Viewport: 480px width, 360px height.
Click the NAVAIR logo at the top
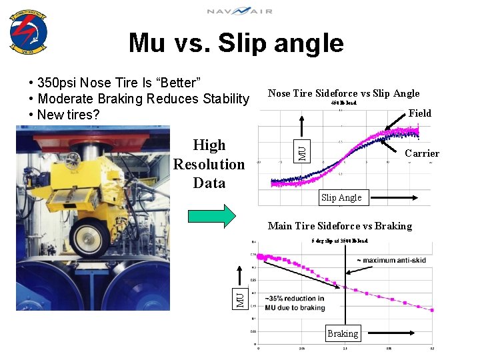pyautogui.click(x=239, y=11)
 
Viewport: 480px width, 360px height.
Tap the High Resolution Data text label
pyautogui.click(x=209, y=164)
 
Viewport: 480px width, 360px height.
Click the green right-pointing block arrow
pyautogui.click(x=211, y=215)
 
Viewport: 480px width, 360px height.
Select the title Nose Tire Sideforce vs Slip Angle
pyautogui.click(x=343, y=93)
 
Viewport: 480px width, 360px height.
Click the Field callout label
pyautogui.click(x=420, y=113)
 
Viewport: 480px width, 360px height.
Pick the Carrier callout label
pyautogui.click(x=423, y=153)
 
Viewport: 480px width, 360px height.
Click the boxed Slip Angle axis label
pyautogui.click(x=341, y=197)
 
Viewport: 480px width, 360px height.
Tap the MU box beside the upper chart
pyautogui.click(x=302, y=152)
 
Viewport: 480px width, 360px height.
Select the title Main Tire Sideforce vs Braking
pyautogui.click(x=340, y=226)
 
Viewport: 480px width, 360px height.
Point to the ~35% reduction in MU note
pyautogui.click(x=295, y=303)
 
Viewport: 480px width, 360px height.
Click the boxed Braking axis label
pyautogui.click(x=343, y=333)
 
